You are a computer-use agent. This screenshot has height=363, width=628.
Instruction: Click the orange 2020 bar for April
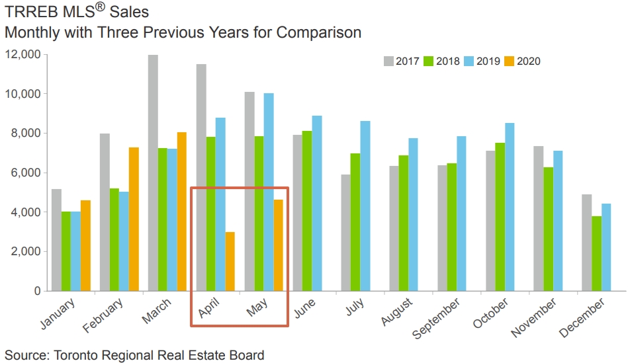click(x=230, y=261)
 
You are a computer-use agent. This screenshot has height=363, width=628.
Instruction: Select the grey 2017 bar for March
click(x=153, y=173)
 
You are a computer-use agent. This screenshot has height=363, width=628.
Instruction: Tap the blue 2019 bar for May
click(x=269, y=192)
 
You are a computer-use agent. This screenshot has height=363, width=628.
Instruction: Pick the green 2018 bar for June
click(x=307, y=211)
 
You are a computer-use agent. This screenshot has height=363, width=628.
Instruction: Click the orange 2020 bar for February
click(x=134, y=219)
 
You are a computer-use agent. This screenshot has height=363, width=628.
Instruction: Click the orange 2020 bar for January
click(x=85, y=245)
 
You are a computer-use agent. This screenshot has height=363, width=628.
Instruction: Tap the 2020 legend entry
click(x=522, y=61)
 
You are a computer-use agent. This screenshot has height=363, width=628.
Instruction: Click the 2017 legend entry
click(x=401, y=61)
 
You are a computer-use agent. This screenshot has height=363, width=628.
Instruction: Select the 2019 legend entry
click(x=482, y=61)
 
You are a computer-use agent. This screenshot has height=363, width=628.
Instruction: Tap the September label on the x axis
click(x=437, y=319)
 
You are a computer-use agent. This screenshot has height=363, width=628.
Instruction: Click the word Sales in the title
click(x=131, y=12)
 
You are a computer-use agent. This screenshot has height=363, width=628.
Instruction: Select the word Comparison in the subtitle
click(x=317, y=32)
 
